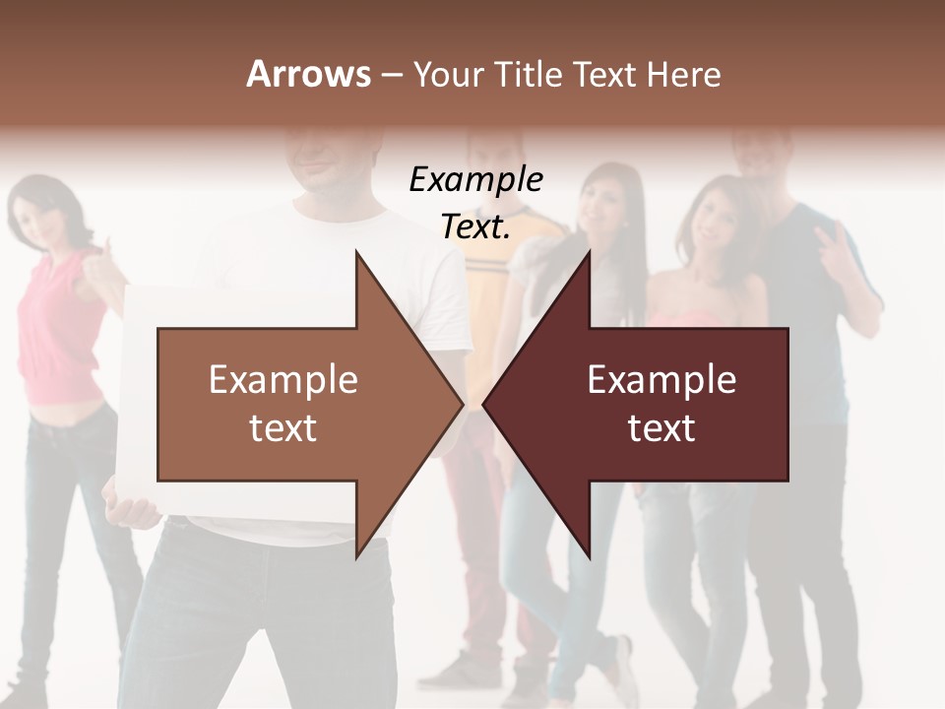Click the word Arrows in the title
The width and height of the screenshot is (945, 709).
pyautogui.click(x=308, y=74)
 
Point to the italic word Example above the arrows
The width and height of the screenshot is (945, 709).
pyautogui.click(x=475, y=179)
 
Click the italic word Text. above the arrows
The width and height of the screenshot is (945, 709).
pyautogui.click(x=475, y=227)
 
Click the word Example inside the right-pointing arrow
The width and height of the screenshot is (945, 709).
pyautogui.click(x=283, y=380)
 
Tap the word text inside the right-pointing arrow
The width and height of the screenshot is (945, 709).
pyautogui.click(x=283, y=428)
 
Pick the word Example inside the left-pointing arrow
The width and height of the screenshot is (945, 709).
pyautogui.click(x=661, y=380)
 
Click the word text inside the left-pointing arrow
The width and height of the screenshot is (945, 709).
pyautogui.click(x=661, y=428)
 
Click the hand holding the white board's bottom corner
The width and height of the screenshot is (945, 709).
pyautogui.click(x=133, y=511)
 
